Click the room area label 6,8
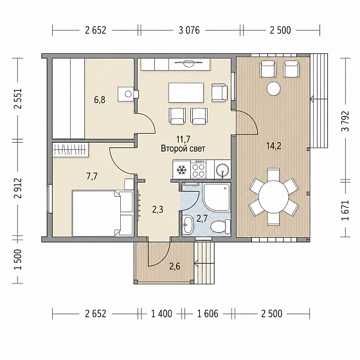pos(100,100)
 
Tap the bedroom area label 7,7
pos(92,176)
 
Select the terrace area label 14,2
pos(274,145)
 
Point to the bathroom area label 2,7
pos(202,219)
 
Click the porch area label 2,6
pos(175,266)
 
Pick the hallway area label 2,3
pos(157,210)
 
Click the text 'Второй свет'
pos(183,148)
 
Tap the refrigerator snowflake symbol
pos(181,170)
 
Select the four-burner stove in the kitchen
pos(199,170)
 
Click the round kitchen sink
pos(222,170)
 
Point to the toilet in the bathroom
pos(221,226)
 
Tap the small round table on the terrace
pos(273,88)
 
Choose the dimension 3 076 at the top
pos(189,30)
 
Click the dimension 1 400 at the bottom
pos(161,314)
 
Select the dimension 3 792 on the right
pos(345,121)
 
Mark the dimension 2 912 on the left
pos(18,188)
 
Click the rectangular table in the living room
pos(186,93)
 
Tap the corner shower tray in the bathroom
pos(216,197)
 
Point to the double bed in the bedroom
pos(102,213)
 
